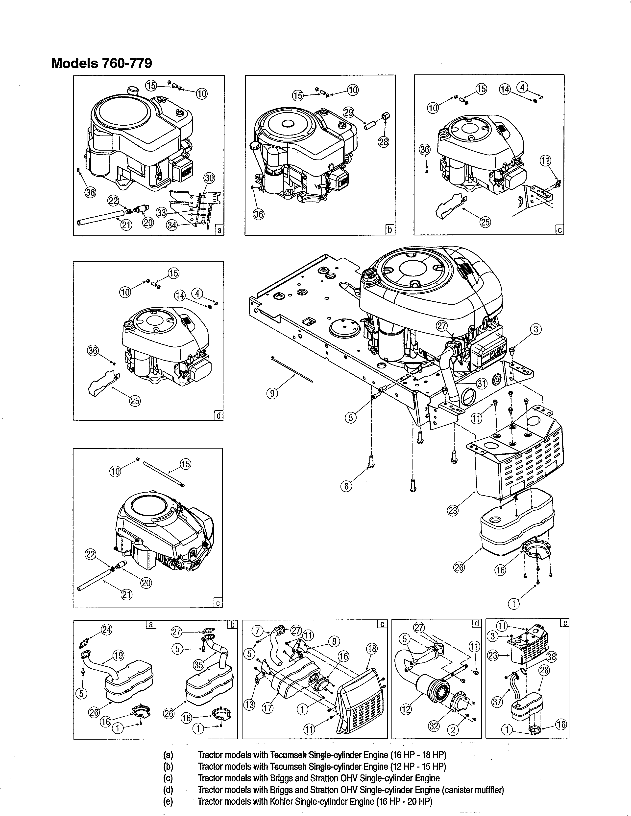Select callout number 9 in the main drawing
click(x=272, y=393)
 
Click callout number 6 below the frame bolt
click(x=346, y=486)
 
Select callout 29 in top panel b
click(x=348, y=113)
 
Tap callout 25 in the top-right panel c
click(x=485, y=222)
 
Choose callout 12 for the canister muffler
click(x=406, y=708)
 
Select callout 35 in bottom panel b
click(x=199, y=664)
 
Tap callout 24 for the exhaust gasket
click(x=107, y=630)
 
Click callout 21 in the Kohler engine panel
click(x=126, y=594)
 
